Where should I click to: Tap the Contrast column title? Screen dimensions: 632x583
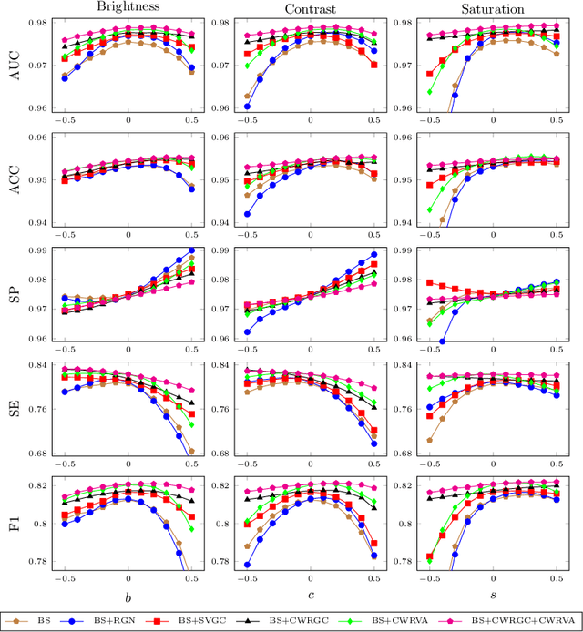coord(311,8)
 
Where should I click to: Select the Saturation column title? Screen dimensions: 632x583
coord(492,8)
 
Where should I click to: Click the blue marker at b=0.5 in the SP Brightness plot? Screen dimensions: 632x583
coord(191,250)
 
